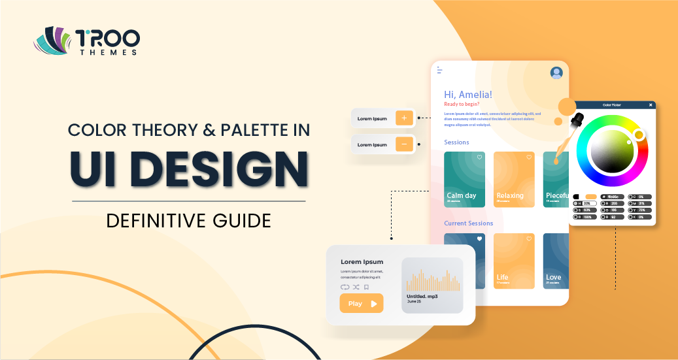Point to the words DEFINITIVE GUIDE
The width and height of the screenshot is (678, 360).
[x=188, y=221]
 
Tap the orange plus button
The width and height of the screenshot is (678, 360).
[x=404, y=118]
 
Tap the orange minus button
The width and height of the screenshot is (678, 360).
[x=404, y=144]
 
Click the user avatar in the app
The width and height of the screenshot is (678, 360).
[x=556, y=73]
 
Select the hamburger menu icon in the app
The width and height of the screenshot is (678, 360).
[x=440, y=71]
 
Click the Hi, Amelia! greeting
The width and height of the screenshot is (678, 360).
[x=468, y=94]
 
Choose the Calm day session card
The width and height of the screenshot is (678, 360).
[x=464, y=180]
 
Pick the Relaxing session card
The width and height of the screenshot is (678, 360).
[x=514, y=180]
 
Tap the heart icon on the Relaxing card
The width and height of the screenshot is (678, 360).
[x=528, y=157]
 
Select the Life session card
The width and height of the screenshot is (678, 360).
[x=514, y=261]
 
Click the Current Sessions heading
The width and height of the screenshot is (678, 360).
[x=468, y=223]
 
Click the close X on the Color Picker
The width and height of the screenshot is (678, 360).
[x=651, y=105]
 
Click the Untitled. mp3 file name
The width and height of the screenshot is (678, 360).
[x=422, y=296]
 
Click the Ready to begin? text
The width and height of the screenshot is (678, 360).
[x=462, y=104]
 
